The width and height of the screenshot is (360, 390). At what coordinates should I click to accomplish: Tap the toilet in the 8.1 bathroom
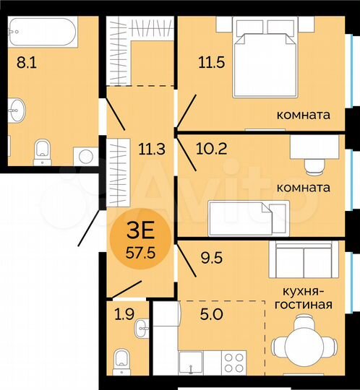pyautogui.click(x=43, y=149)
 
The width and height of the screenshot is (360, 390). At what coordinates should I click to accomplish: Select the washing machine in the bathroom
pyautogui.click(x=86, y=155)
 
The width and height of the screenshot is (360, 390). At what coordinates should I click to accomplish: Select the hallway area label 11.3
pyautogui.click(x=148, y=149)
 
